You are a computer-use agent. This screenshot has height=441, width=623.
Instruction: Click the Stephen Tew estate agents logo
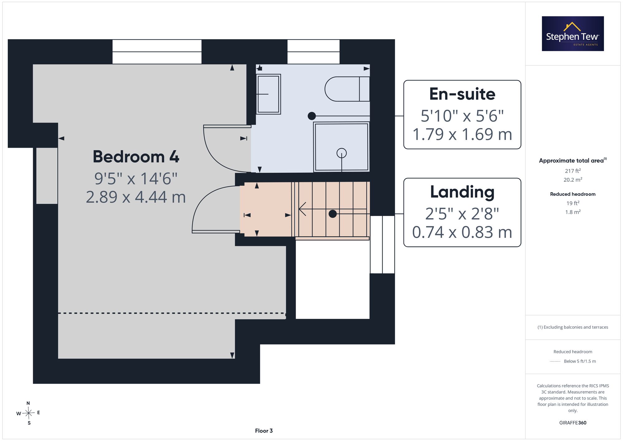[573, 34]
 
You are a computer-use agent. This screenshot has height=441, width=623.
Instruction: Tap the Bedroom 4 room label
[136, 156]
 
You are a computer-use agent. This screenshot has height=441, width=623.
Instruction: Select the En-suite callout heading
[462, 94]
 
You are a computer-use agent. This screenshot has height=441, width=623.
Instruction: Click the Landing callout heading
[462, 192]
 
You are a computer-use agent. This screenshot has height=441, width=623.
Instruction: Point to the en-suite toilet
[347, 89]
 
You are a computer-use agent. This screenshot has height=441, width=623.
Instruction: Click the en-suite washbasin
[269, 94]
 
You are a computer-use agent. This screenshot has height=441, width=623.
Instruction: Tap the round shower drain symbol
[342, 153]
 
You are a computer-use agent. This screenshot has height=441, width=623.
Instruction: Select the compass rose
[28, 413]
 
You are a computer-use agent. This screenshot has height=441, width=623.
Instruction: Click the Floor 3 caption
[264, 431]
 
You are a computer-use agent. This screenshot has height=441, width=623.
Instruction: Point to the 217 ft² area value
[573, 171]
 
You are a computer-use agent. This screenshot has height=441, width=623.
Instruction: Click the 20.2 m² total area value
[573, 180]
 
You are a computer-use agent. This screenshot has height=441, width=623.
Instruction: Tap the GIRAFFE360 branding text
[573, 423]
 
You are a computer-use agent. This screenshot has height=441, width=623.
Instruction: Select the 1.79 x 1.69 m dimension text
[462, 134]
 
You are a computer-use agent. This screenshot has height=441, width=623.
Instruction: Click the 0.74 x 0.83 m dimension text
[462, 232]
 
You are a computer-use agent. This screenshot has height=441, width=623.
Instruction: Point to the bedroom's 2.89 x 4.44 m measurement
[136, 197]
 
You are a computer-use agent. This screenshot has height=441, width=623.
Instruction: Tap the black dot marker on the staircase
[333, 214]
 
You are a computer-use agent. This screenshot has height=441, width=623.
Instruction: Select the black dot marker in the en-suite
[311, 116]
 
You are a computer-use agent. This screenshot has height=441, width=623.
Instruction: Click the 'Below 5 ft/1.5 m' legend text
[580, 361]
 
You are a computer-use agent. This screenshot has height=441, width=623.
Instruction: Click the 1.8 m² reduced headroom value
[573, 212]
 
